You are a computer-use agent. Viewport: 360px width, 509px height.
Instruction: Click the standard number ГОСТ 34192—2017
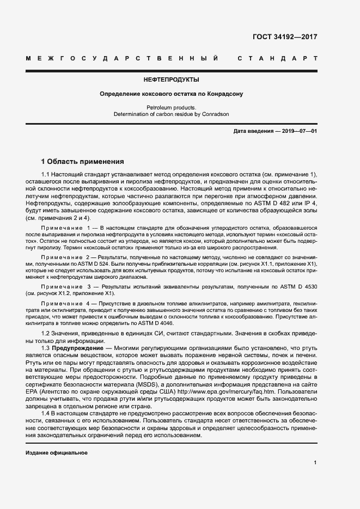[285, 38]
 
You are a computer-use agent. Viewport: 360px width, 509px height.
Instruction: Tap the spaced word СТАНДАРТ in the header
[278, 58]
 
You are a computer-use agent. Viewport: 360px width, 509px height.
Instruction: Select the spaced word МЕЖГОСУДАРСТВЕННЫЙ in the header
[122, 58]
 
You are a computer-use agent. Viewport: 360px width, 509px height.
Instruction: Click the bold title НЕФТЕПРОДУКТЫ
[171, 79]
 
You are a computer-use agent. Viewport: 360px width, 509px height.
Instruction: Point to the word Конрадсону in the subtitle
[224, 94]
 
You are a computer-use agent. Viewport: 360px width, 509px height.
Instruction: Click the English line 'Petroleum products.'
[171, 108]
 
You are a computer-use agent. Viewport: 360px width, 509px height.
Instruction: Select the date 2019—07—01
[297, 132]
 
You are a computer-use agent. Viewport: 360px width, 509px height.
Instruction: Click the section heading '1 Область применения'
[83, 162]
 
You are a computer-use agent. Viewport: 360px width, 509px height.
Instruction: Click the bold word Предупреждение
[80, 347]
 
